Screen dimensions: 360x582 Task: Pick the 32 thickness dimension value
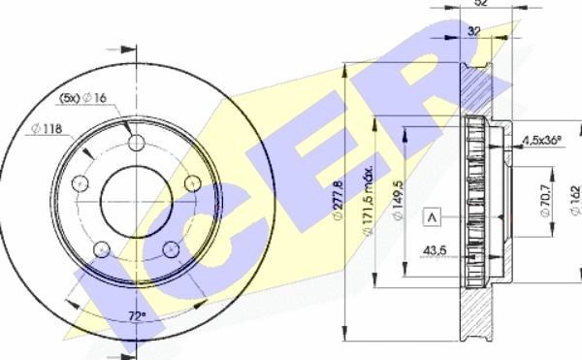[x=472, y=31]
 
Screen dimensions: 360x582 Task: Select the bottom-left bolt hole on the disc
[x=100, y=250]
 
